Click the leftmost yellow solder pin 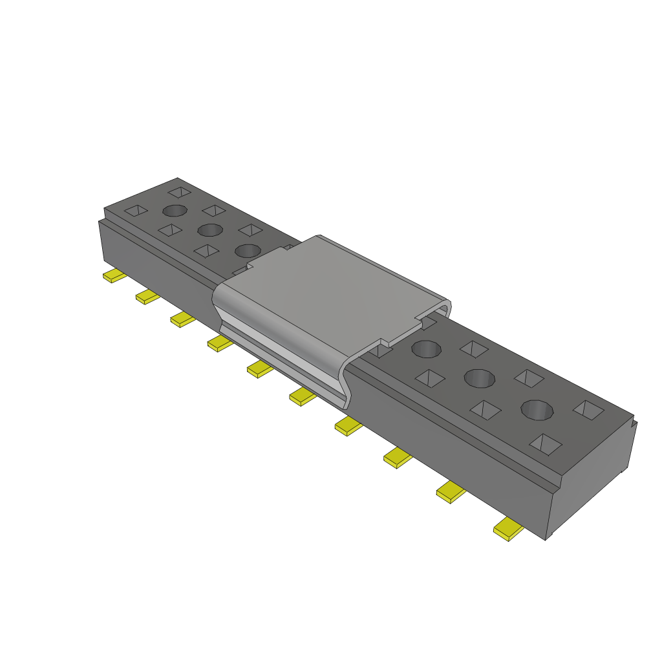click(114, 276)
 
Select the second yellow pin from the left click(147, 297)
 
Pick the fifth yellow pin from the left click(260, 369)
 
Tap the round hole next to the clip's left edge click(248, 250)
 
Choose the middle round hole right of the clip click(479, 377)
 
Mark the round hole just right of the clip click(426, 349)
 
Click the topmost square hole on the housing click(180, 192)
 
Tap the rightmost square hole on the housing click(588, 409)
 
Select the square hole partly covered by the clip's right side click(381, 352)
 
